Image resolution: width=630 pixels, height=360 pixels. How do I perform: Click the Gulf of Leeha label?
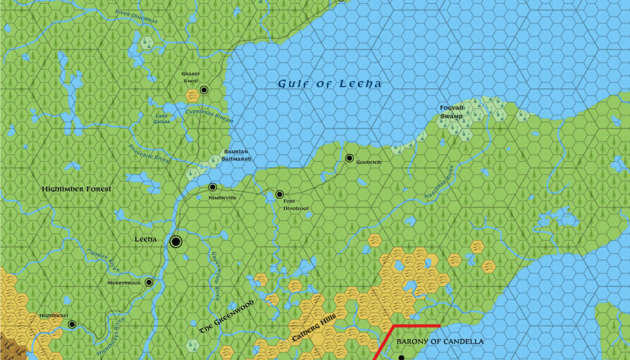[x=329, y=84]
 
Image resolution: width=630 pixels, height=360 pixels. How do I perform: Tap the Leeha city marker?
[x=175, y=242]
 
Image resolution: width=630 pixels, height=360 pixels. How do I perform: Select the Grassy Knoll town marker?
[x=204, y=90]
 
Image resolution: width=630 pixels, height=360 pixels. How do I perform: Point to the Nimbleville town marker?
[x=213, y=187]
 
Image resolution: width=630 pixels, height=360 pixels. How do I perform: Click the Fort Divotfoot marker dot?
[x=279, y=194]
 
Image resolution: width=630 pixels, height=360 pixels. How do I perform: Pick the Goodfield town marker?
[x=349, y=158]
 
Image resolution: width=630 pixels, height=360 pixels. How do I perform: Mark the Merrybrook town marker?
[x=149, y=282]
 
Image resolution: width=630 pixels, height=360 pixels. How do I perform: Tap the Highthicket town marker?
[x=72, y=324]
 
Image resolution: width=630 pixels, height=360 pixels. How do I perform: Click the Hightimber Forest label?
[x=76, y=189]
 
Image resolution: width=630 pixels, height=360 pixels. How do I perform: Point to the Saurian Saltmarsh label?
[x=235, y=155]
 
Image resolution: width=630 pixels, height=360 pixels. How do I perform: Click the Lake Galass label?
[x=162, y=119]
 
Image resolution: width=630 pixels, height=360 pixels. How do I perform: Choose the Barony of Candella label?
[x=440, y=342]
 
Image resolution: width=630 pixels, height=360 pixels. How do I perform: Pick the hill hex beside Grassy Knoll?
[x=192, y=95]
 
